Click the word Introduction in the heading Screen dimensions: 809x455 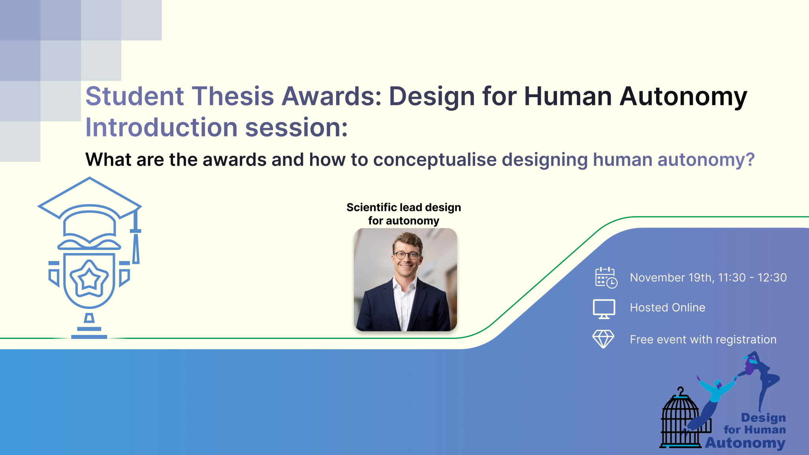pyautogui.click(x=161, y=127)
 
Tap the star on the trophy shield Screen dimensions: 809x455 pyautogui.click(x=89, y=278)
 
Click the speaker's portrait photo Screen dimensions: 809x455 pyautogui.click(x=405, y=280)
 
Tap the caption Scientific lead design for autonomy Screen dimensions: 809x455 pyautogui.click(x=404, y=214)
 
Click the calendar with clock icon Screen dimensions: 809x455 pyautogui.click(x=606, y=277)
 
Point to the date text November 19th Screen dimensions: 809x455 pyautogui.click(x=672, y=278)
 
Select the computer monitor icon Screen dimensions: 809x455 pyautogui.click(x=604, y=309)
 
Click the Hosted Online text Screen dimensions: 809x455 pyautogui.click(x=668, y=308)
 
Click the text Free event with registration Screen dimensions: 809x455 pyautogui.click(x=703, y=340)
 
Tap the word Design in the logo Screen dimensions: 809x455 pyautogui.click(x=763, y=418)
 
